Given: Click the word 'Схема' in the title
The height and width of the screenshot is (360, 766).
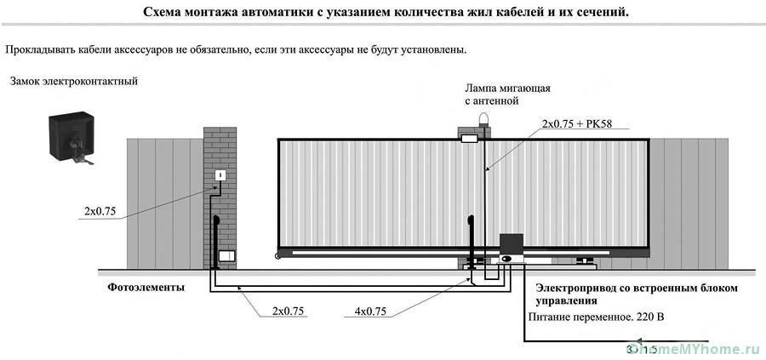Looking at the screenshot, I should pos(163,14).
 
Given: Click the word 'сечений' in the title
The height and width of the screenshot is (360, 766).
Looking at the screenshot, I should pos(598,14).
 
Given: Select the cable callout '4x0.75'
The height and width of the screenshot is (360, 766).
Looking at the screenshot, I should pos(370,311).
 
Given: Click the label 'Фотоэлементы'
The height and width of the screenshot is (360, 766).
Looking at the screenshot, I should pos(146,288).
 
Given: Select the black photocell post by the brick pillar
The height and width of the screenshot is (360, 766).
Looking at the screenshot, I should pos(216,243).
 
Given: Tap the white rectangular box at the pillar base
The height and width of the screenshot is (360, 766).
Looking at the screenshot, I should pos(226,255).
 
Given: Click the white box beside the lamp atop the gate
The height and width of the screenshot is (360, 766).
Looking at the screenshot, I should pos(469,136).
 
